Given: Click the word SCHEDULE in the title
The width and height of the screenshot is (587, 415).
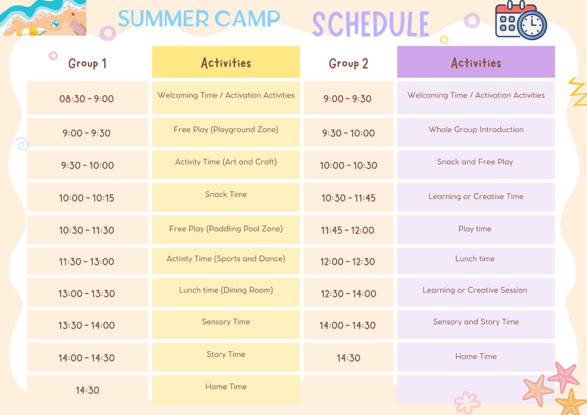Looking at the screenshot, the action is (x=371, y=24).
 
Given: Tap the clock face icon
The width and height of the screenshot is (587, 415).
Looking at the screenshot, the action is (x=532, y=25).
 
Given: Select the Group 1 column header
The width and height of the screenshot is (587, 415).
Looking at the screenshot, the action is (x=87, y=63).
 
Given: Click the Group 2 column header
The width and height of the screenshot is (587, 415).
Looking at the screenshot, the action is (x=348, y=63).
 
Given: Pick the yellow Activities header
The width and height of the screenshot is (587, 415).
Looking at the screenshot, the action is (x=226, y=62).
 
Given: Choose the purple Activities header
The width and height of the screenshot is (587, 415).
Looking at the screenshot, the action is (x=476, y=62).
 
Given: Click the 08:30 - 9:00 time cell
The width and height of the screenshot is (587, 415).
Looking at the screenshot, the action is (x=87, y=98).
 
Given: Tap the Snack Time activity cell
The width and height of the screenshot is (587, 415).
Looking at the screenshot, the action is (x=226, y=197).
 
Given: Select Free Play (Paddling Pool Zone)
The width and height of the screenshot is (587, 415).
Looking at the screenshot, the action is (x=226, y=229).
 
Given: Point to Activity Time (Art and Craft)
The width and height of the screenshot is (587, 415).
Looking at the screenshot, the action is (x=226, y=165).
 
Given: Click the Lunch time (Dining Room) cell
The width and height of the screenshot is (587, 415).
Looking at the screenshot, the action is (x=226, y=292).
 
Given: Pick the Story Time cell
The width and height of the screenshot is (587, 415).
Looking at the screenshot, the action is (x=226, y=357).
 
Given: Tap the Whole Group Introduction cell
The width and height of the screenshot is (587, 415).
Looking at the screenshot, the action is (x=476, y=132).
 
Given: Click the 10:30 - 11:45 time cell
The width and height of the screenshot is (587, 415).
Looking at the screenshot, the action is (x=348, y=197).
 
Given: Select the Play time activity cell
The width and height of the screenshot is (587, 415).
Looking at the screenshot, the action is (x=476, y=229).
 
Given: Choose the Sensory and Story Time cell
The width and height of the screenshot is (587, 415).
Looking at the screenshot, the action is (x=476, y=325).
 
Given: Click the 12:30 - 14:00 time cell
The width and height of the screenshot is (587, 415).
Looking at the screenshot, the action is (x=348, y=292).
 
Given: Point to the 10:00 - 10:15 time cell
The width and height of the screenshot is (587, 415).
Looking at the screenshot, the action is (x=87, y=197).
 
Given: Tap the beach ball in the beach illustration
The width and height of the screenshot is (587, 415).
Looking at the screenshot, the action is (x=55, y=24).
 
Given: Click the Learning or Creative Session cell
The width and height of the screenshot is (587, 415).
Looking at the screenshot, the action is (x=476, y=292).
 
